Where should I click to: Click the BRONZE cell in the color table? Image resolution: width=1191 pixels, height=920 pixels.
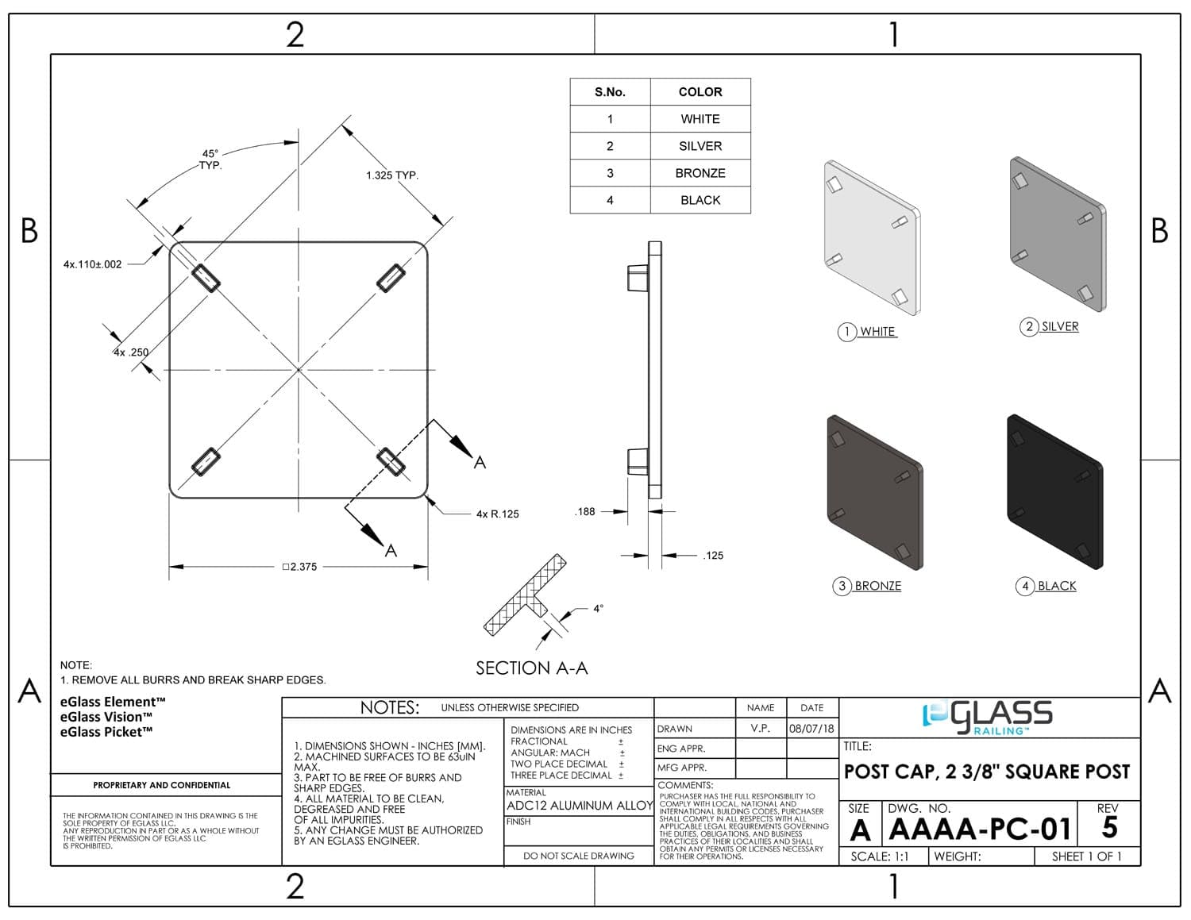point(700,173)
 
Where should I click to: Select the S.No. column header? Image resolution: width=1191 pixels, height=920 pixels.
point(610,92)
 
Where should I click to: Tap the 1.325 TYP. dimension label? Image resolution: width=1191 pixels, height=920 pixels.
point(392,175)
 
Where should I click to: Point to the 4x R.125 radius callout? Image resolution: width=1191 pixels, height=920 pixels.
point(497,514)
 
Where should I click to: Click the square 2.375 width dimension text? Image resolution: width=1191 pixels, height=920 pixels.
point(299,567)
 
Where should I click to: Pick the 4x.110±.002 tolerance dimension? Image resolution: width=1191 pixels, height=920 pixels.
point(92,264)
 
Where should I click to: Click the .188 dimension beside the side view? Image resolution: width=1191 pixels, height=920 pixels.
point(585,511)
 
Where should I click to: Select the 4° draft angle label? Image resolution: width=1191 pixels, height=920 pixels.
point(598,608)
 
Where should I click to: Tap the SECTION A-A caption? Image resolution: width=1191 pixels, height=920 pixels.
point(532,668)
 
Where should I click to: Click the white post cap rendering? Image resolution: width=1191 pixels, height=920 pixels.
point(872,238)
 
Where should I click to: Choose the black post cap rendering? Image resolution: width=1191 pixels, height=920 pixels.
point(1055,491)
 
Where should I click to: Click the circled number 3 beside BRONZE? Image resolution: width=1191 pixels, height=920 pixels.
point(842,587)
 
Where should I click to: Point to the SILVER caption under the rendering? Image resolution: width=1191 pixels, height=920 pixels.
point(1059,326)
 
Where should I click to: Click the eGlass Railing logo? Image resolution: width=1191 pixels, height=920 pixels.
point(987,718)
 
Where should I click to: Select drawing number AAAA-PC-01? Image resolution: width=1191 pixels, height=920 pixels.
point(980,829)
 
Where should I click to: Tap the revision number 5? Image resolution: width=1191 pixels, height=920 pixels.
point(1109,827)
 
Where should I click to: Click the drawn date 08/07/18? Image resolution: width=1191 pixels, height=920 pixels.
point(811,729)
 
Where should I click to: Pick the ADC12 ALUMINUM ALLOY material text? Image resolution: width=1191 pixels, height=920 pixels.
point(580,806)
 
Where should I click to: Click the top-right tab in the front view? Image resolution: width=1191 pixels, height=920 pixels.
point(391,279)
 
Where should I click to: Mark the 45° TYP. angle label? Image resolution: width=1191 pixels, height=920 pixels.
point(210,160)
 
